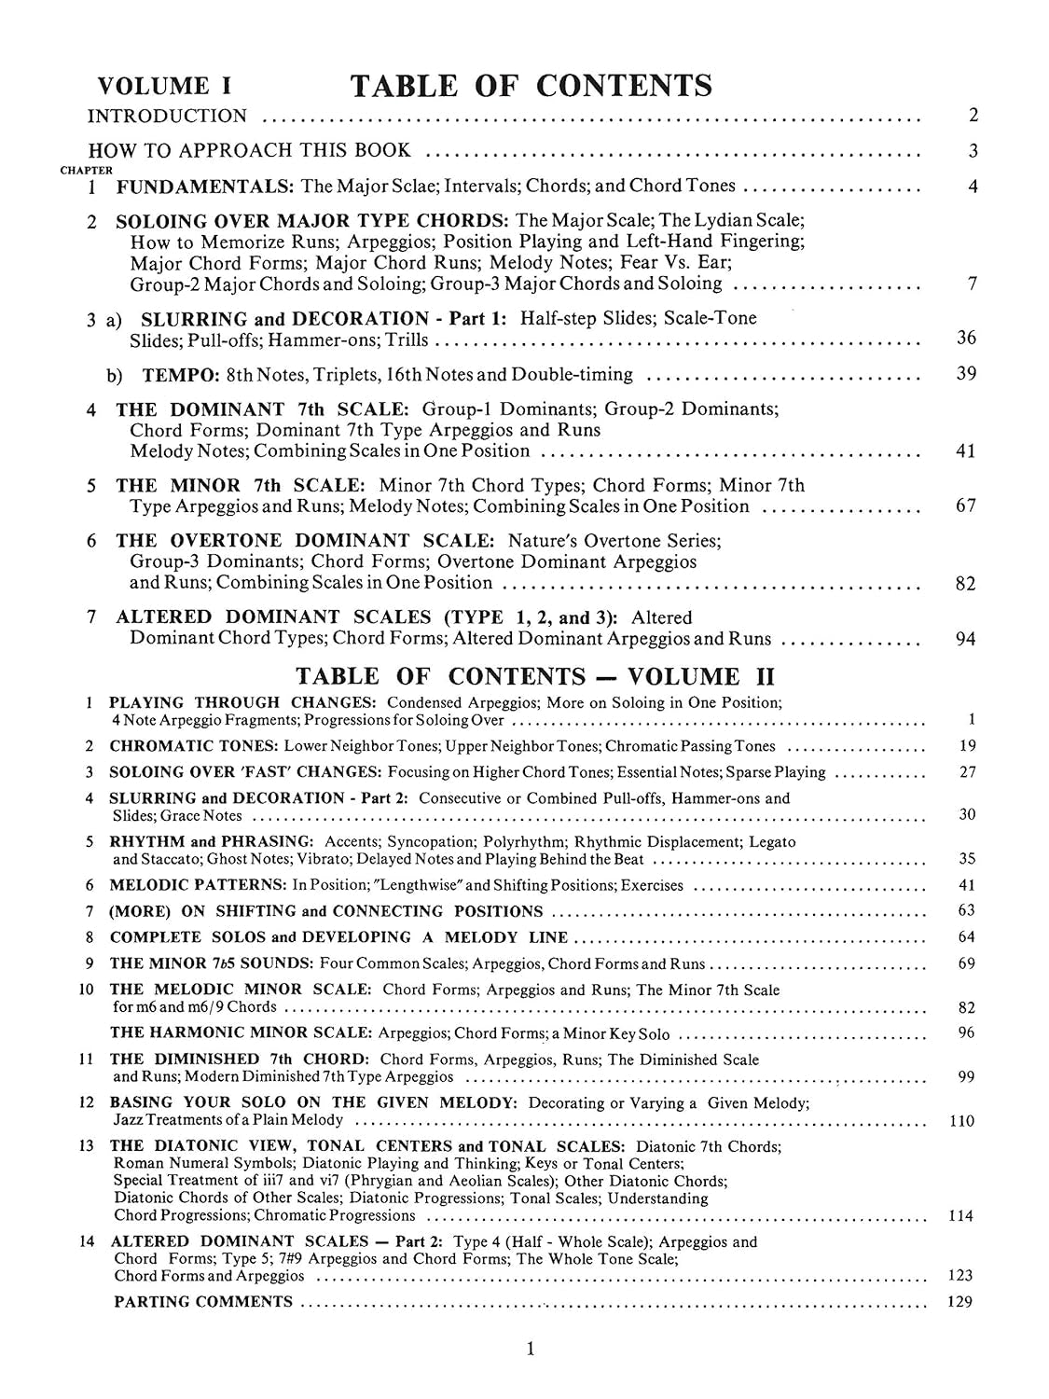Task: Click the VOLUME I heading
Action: click(x=165, y=86)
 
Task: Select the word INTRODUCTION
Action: click(x=168, y=117)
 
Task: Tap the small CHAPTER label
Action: click(x=86, y=171)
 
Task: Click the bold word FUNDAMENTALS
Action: click(x=204, y=186)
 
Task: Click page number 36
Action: click(x=966, y=338)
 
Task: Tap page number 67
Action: click(x=966, y=506)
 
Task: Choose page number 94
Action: click(x=966, y=639)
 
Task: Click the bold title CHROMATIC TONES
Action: click(x=194, y=746)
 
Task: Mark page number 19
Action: click(x=967, y=745)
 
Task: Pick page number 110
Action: click(x=961, y=1121)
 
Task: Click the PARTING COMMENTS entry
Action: click(x=202, y=1302)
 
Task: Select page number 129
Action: click(x=959, y=1302)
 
